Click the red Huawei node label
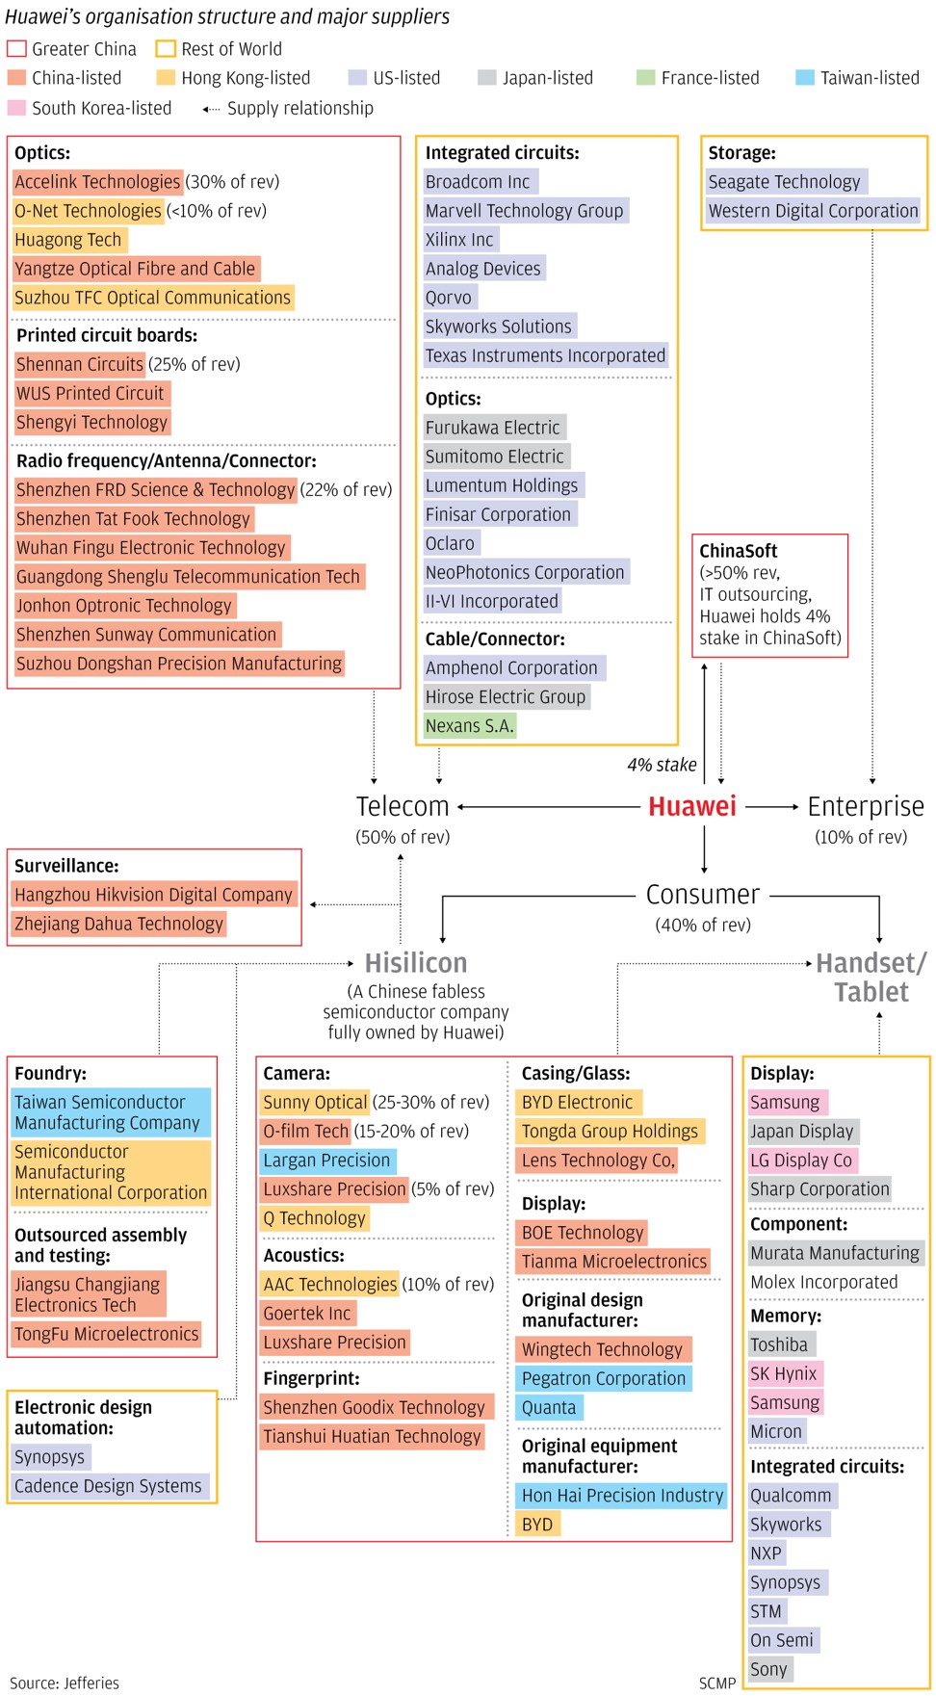(x=692, y=806)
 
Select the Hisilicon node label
(x=416, y=963)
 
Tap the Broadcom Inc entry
(x=479, y=181)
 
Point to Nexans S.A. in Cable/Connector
(x=470, y=725)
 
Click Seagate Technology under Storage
(x=785, y=181)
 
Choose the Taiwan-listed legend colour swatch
(x=805, y=77)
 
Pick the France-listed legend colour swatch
(x=646, y=77)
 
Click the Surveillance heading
(x=66, y=866)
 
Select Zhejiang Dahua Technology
(x=118, y=924)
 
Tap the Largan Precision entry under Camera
(x=327, y=1161)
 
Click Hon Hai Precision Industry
(x=622, y=1496)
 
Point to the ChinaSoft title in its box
(x=739, y=551)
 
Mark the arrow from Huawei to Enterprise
(x=772, y=806)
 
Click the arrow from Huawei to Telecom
(x=550, y=806)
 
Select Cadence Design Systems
(x=109, y=1486)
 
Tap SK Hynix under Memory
(x=784, y=1373)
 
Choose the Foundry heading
(x=50, y=1073)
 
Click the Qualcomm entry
(x=792, y=1496)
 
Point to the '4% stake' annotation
(x=662, y=765)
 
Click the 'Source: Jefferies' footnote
(x=65, y=1683)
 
